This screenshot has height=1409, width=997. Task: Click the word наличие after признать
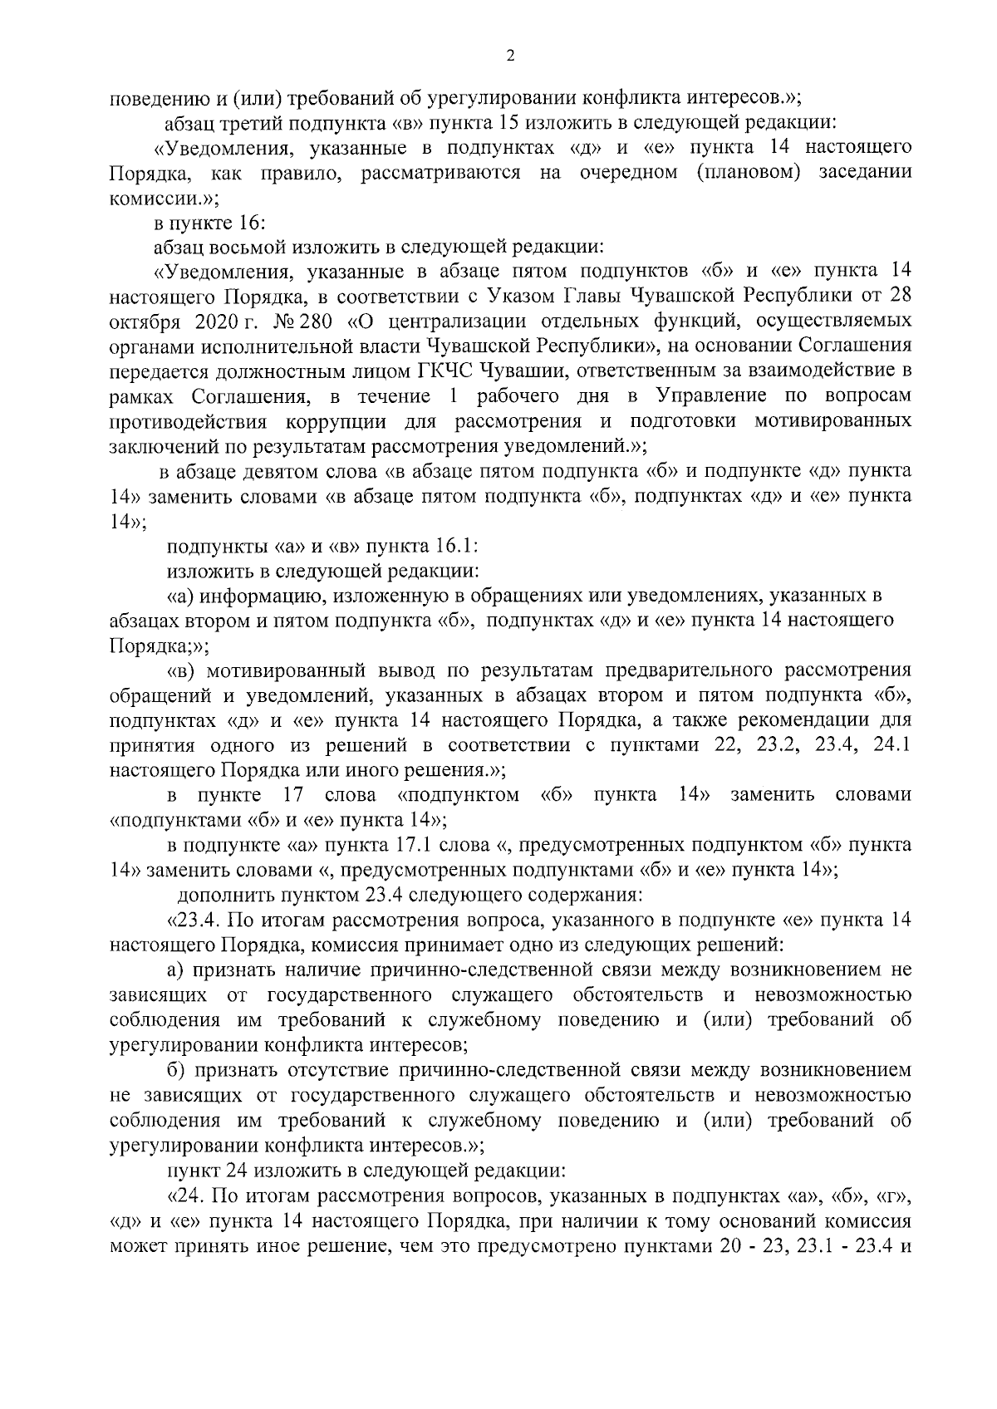(311, 970)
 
